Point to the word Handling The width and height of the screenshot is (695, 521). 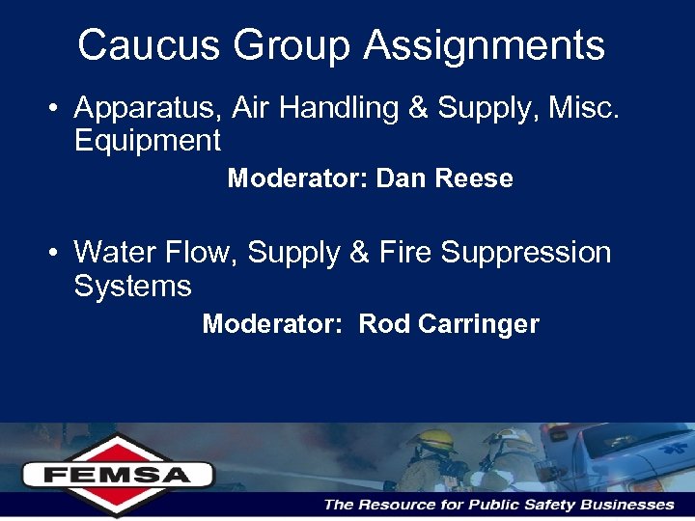337,109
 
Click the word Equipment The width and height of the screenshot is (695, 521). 148,141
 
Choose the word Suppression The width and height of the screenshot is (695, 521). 526,253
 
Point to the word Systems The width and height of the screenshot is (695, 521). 132,286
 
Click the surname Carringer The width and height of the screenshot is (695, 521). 479,324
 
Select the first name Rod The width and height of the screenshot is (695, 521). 384,324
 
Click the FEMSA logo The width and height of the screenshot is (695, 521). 118,474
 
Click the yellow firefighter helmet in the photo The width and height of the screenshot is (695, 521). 431,440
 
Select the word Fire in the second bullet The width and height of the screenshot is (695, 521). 404,253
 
